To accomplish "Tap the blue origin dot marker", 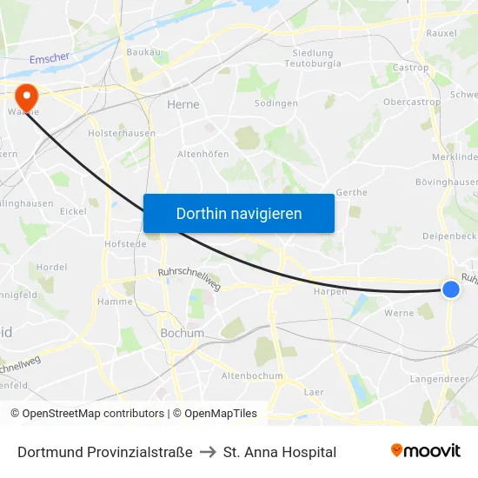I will pos(450,289).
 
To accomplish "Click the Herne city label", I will pos(183,104).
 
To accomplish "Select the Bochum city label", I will pos(183,333).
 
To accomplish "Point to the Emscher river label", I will pos(49,59).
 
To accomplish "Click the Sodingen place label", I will pos(276,103).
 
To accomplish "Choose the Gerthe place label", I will pos(351,192).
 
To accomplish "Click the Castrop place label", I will pos(411,68).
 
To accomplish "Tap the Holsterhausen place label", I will pos(122,134).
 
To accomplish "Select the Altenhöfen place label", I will pos(202,153).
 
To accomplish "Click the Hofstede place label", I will pos(125,245).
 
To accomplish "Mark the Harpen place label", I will pos(330,292).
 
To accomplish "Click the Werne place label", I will pos(399,313).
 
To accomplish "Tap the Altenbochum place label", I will pos(252,375).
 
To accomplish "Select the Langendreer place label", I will pos(438,379).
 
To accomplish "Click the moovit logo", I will pos(426,451).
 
